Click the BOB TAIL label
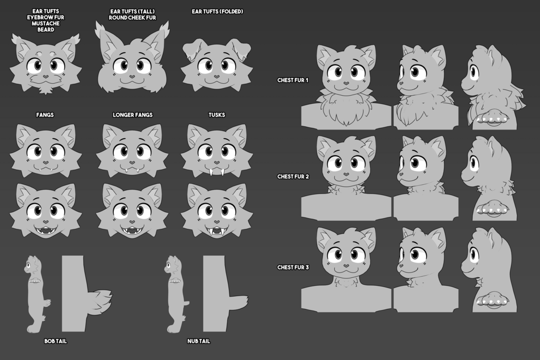(55, 341)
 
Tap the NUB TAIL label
(199, 341)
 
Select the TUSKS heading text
(217, 115)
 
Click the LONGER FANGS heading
(133, 115)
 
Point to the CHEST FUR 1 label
(293, 80)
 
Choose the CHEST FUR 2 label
(293, 176)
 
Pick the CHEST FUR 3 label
(293, 267)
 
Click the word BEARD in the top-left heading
(46, 30)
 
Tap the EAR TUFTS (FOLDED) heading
(217, 11)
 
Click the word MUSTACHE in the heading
(46, 24)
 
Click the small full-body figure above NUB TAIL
(177, 294)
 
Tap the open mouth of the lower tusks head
(217, 231)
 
